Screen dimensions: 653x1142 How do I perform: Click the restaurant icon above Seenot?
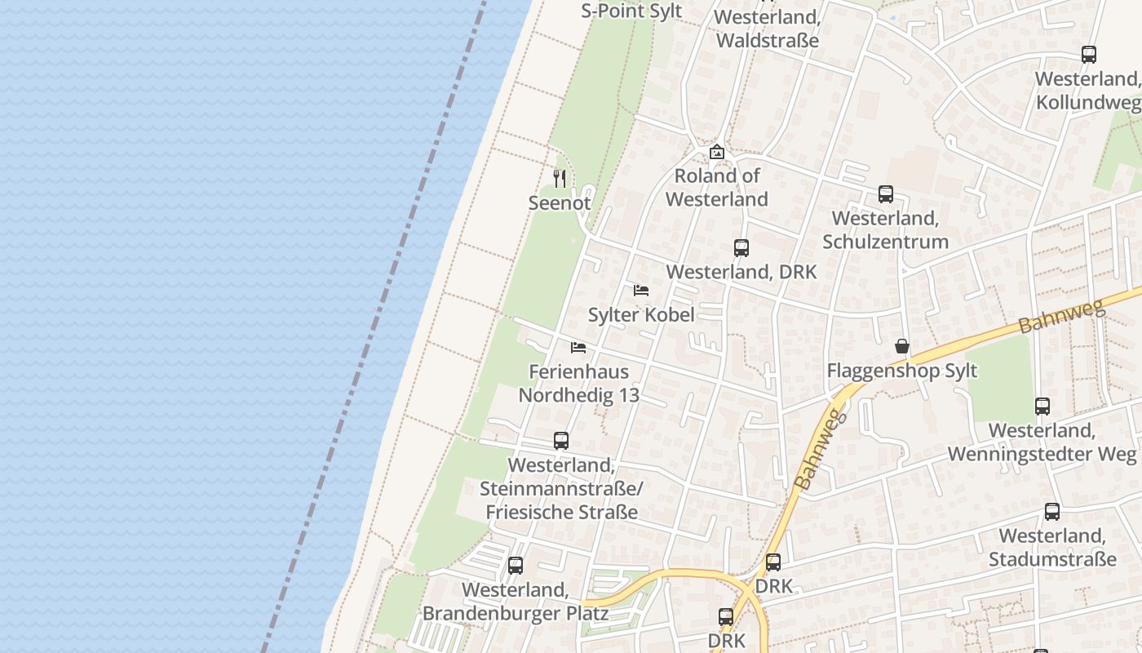tap(560, 178)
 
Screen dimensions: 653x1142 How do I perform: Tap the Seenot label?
tap(560, 202)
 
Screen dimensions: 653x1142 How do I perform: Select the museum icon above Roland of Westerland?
tap(717, 152)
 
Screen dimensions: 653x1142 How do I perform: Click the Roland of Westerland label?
tap(717, 187)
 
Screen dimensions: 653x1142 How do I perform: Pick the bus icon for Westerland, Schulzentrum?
tap(886, 194)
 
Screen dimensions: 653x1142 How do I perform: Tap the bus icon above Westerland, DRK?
tap(741, 248)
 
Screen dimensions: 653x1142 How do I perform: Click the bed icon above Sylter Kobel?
tap(641, 291)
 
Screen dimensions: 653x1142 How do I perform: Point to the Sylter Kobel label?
tap(641, 315)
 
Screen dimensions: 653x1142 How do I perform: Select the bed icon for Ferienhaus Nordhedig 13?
tap(578, 348)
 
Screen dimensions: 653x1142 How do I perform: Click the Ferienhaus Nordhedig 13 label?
tap(579, 384)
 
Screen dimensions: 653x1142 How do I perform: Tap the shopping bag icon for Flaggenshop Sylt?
tap(902, 346)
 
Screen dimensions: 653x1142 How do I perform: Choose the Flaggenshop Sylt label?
tap(902, 371)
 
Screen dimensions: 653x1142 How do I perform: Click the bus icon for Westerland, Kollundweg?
tap(1089, 55)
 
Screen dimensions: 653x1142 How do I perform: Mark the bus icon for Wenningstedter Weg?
tap(1042, 406)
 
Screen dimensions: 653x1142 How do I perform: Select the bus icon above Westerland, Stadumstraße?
tap(1052, 512)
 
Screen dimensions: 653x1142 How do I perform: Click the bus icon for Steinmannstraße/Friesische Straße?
tap(561, 441)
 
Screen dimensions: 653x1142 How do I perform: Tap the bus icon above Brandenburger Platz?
tap(516, 566)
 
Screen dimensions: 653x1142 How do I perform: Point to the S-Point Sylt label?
tap(631, 11)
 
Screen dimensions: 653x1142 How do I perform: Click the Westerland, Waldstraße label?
tap(767, 29)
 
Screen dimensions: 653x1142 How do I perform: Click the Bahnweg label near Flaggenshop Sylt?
tap(1060, 316)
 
